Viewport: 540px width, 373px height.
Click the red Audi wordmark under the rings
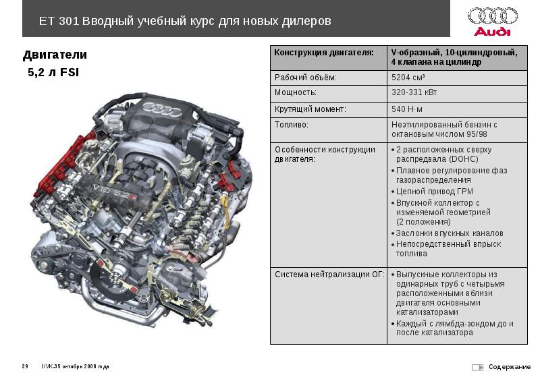tap(492, 32)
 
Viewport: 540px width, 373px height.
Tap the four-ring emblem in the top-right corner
tap(493, 16)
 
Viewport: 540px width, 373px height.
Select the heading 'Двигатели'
tap(55, 55)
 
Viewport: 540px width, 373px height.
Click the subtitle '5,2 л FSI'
tap(53, 73)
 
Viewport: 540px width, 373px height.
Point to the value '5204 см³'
tap(408, 78)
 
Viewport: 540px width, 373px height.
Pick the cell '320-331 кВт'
tap(414, 92)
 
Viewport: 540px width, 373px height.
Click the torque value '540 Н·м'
tap(407, 109)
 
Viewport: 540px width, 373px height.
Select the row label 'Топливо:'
tap(292, 125)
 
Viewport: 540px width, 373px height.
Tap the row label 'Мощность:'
tap(296, 92)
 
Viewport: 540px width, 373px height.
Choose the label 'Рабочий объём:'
tap(305, 78)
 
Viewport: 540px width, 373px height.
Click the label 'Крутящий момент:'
tap(310, 109)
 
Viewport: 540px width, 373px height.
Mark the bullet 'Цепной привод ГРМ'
tap(434, 192)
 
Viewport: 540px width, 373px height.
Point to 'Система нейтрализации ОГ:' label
tap(329, 275)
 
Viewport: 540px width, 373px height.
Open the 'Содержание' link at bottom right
tap(510, 367)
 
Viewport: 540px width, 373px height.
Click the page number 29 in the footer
tap(25, 366)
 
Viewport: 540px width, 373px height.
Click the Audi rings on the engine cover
tap(162, 109)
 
